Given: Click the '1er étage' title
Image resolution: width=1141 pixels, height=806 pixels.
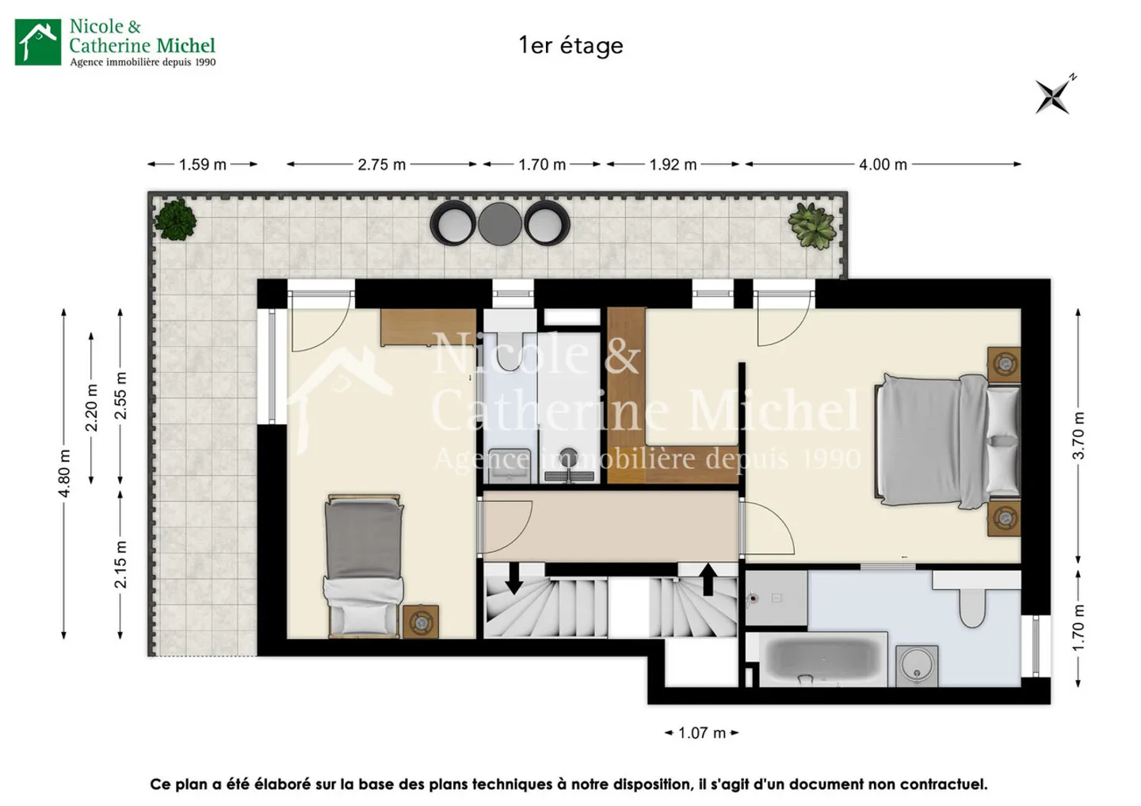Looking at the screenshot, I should coord(570,45).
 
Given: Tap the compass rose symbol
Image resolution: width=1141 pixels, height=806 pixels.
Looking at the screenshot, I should coord(1054,97).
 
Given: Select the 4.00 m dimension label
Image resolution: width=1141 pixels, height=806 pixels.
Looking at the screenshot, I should coord(883,165).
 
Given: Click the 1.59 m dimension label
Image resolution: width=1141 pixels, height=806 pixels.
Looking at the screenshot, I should coord(202,165).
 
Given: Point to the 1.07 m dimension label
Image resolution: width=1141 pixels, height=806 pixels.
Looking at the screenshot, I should coord(701,733).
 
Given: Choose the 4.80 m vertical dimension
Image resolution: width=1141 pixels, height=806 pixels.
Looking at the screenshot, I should coord(64,473).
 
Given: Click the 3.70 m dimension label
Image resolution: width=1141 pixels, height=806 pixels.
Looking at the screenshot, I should coord(1078,435).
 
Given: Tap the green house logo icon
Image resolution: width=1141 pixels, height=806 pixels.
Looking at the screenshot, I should coord(37,42).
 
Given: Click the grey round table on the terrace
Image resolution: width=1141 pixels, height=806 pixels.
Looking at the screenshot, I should coord(500,223).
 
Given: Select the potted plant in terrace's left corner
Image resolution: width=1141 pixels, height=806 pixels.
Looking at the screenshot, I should coord(175,219).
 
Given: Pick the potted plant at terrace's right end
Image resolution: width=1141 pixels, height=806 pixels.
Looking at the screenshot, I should coord(811,226).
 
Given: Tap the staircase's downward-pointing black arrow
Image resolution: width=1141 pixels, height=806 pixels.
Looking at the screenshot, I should coord(513,578).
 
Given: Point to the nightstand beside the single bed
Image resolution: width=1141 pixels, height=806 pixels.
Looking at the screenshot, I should coord(420,622).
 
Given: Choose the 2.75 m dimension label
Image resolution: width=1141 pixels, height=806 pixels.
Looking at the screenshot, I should coord(381,165).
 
